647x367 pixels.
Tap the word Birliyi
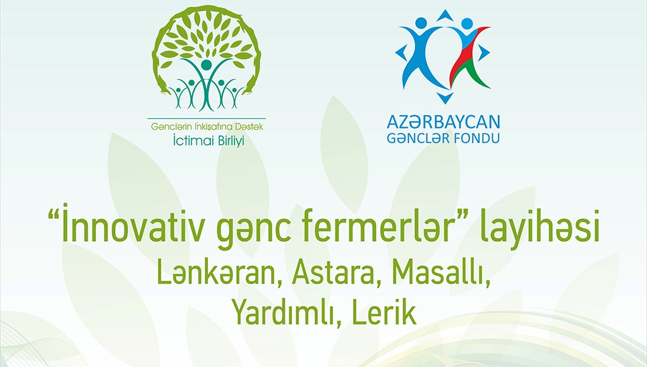pos(228,140)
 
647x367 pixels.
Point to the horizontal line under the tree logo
pos(207,119)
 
